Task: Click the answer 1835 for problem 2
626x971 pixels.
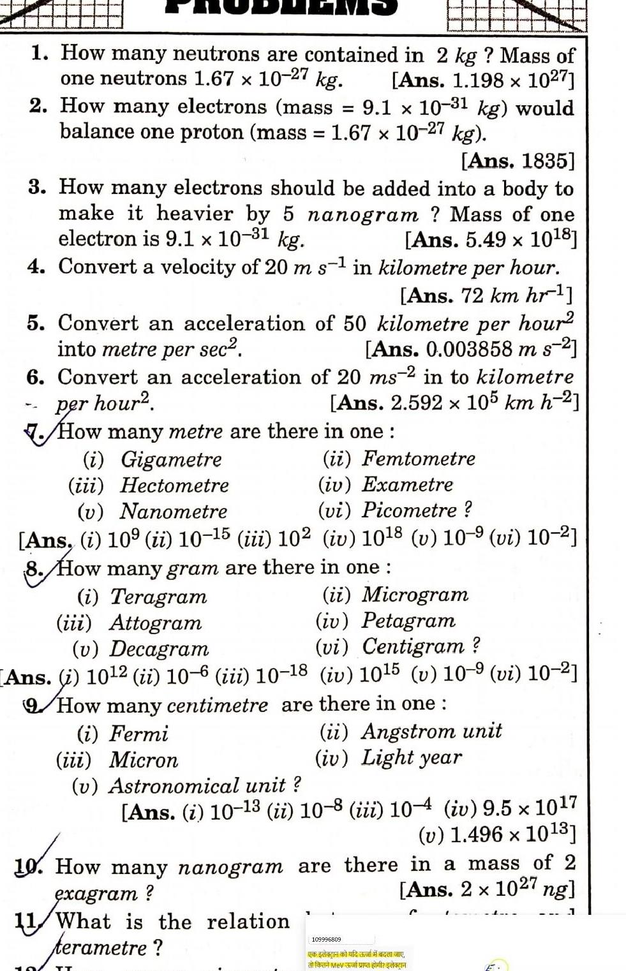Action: pos(548,160)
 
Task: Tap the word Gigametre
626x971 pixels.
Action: pos(172,459)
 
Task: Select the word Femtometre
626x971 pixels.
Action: pos(419,458)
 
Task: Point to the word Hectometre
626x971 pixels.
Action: pos(174,485)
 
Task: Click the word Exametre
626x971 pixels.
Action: pos(408,484)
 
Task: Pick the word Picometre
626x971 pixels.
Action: pos(410,510)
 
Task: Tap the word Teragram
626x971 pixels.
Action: pos(159,597)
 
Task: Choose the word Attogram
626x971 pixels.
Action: pos(155,623)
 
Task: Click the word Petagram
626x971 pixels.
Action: pos(408,620)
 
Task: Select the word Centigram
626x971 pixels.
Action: pos(414,646)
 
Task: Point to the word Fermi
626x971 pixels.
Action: pos(138,734)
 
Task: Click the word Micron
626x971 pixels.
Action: pos(144,760)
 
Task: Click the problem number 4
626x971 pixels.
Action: pos(36,267)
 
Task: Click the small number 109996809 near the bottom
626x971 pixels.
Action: pos(326,939)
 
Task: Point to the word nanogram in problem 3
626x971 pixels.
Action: pos(362,215)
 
